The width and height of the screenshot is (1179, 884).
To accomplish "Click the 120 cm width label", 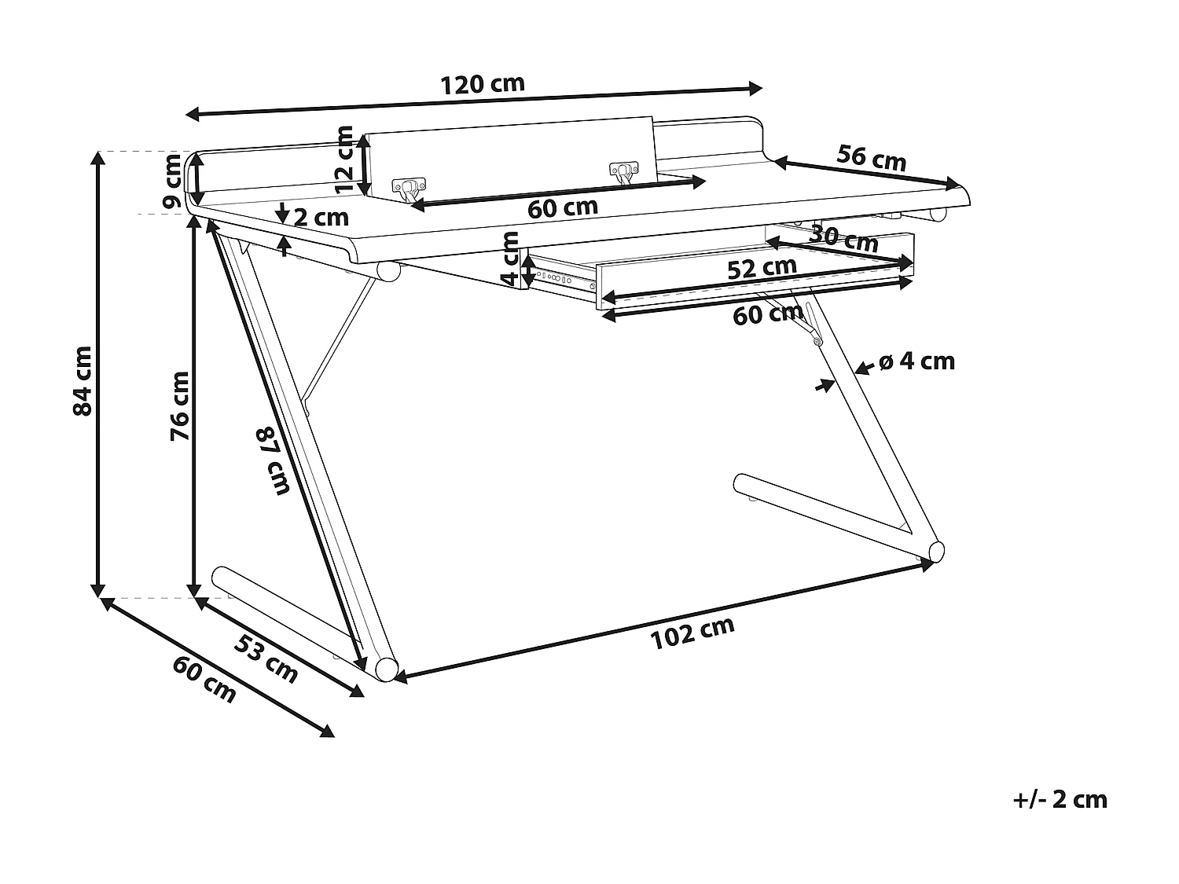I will pos(482,85).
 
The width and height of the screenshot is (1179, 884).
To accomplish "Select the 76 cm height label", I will pos(181,405).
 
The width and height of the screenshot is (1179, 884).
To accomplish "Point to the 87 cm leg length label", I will pos(272,460).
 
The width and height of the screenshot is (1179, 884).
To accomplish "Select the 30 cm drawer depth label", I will pos(843,238).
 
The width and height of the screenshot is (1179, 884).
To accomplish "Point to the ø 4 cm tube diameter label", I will pos(916,361).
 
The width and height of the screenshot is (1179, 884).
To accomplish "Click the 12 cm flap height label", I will pos(344,160).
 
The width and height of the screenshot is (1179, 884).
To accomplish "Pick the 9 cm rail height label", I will pos(172,181).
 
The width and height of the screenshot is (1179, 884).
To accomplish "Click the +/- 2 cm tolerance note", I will pos(1060,800).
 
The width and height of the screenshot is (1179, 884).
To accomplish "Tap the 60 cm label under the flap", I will pos(562,209).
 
